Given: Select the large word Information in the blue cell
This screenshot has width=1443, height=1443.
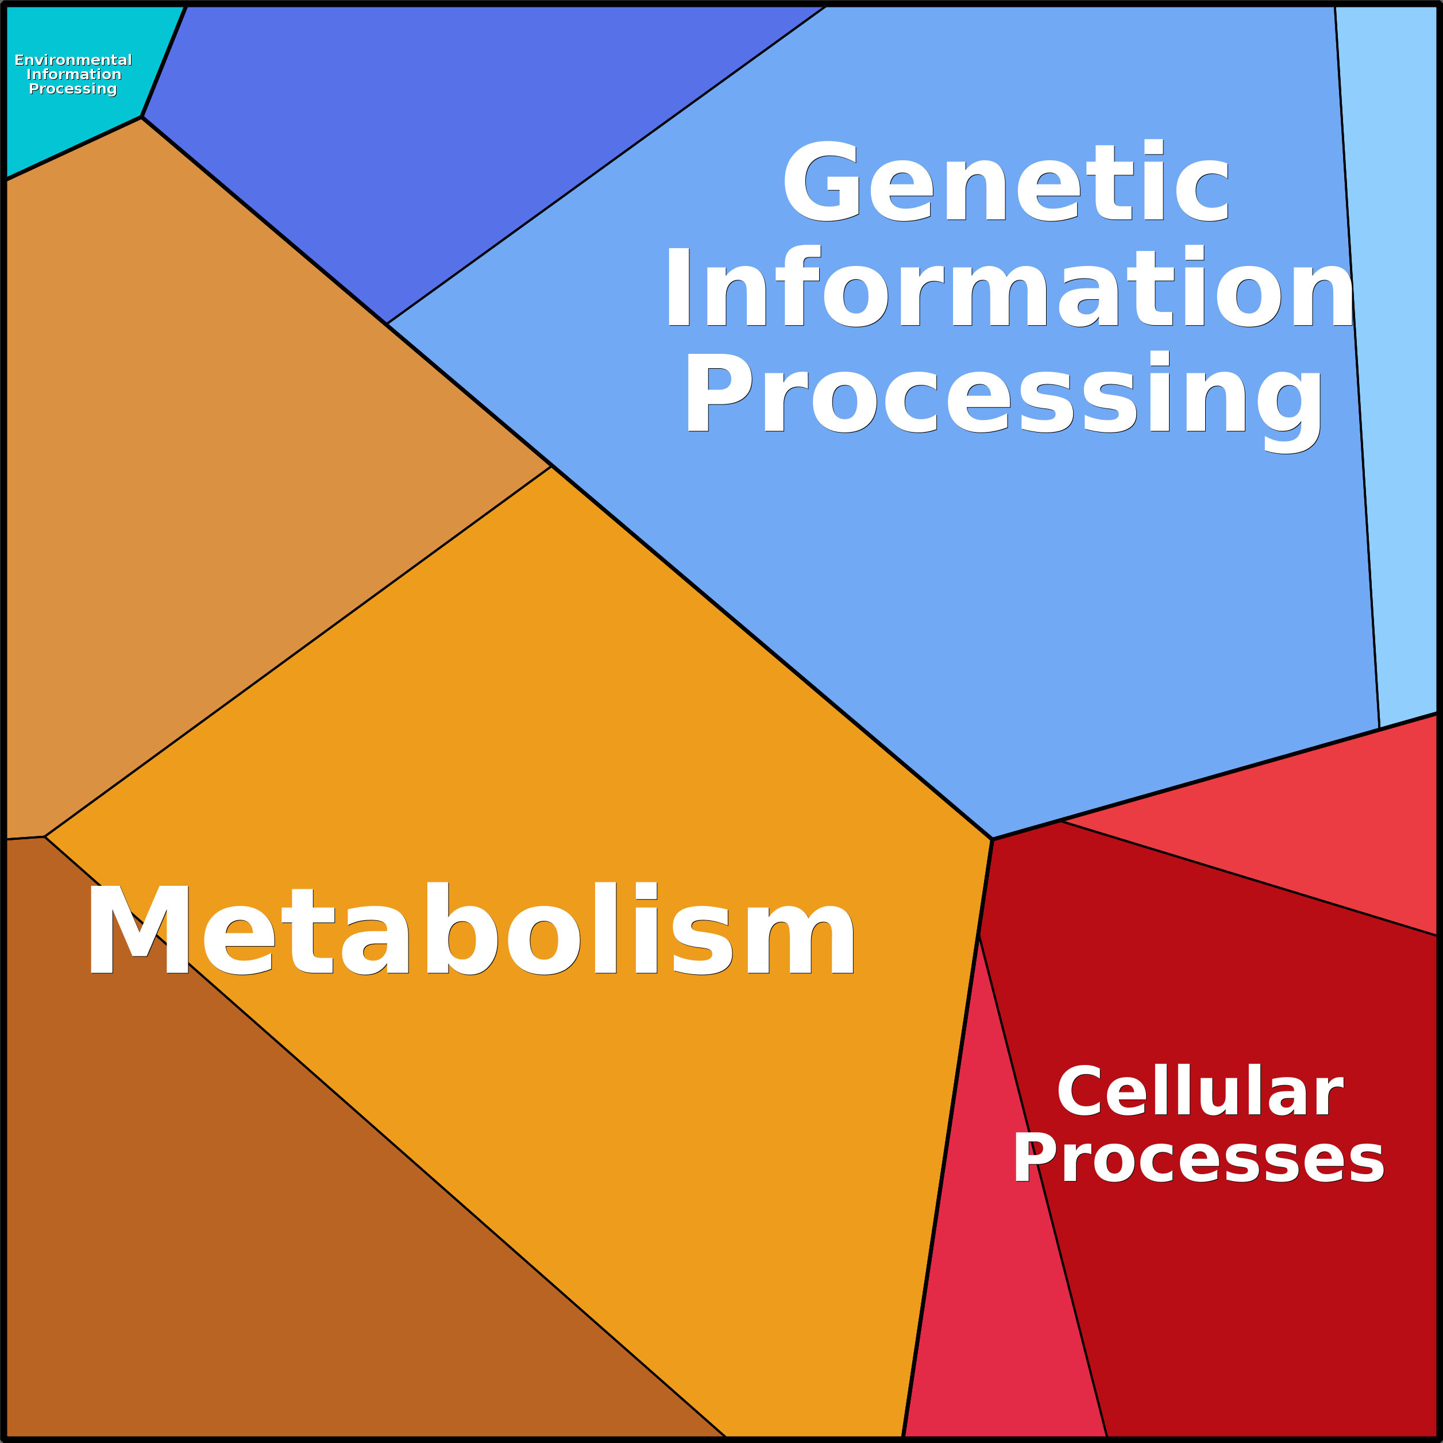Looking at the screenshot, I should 1008,288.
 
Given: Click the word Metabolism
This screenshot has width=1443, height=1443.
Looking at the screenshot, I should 470,930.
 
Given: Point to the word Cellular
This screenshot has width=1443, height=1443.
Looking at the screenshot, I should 1199,1092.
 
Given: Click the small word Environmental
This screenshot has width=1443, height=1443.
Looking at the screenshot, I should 73,60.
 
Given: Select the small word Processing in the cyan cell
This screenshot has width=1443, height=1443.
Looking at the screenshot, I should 72,89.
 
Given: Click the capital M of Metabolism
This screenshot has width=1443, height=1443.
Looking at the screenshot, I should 139,930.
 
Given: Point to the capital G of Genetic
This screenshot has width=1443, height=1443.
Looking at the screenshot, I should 820,182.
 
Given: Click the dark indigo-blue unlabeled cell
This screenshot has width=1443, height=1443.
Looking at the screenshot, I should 418,134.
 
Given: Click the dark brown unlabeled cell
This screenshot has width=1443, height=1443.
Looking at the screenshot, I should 261,1232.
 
